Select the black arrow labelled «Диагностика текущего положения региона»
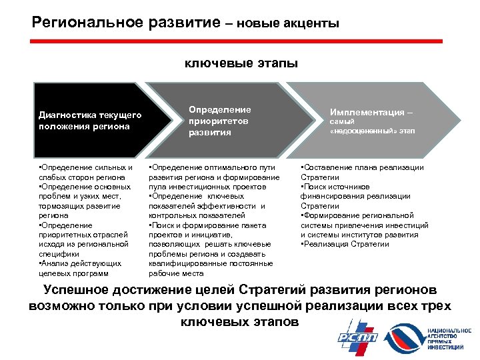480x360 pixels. (87, 121)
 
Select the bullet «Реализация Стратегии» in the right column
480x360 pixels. (347, 244)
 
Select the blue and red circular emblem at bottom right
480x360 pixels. (405, 337)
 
